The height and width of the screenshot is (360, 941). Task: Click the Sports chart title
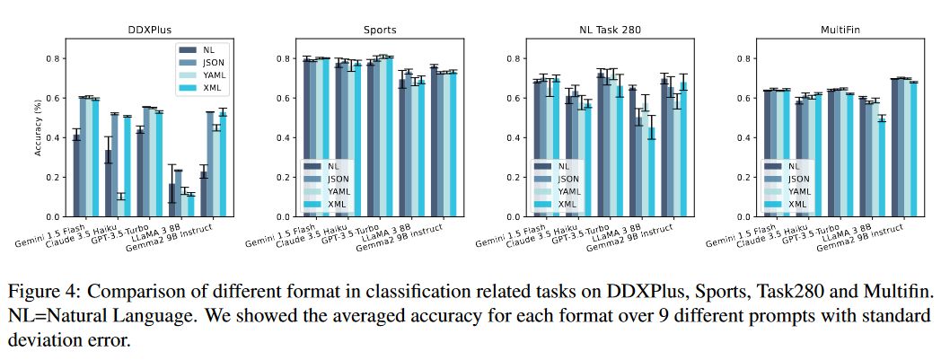tap(379, 30)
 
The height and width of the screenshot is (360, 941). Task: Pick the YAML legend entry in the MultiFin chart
tap(797, 191)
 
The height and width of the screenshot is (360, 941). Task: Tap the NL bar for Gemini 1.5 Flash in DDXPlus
tap(77, 176)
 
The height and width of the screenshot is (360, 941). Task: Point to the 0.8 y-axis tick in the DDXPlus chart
tap(54, 59)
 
